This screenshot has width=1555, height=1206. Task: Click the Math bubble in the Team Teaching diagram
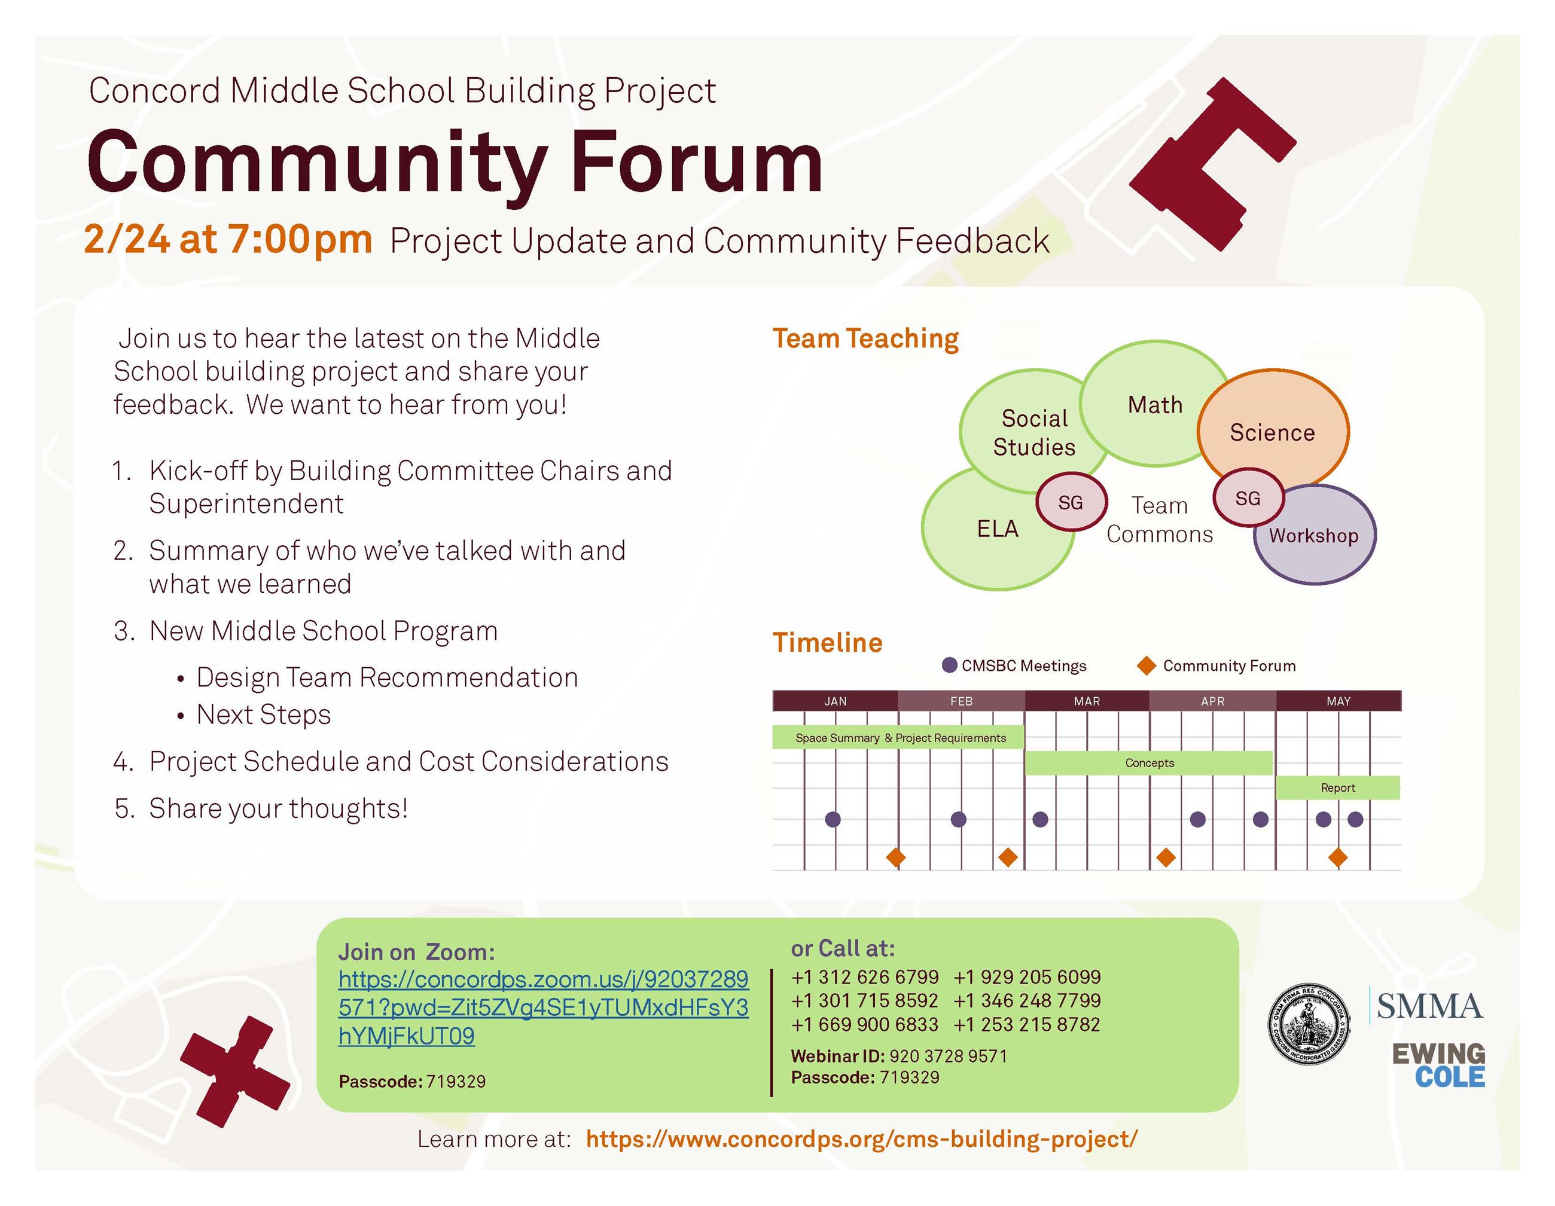(x=1154, y=404)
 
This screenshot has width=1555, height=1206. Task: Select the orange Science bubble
(x=1272, y=432)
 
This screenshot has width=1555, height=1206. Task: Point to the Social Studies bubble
(x=1034, y=432)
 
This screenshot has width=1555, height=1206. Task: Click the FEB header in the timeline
(x=961, y=701)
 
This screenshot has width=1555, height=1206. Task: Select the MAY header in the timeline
(x=1338, y=701)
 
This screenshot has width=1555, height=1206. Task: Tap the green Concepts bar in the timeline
(x=1148, y=762)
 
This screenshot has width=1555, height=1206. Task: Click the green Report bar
(x=1337, y=787)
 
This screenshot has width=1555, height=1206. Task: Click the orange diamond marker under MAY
(x=1338, y=858)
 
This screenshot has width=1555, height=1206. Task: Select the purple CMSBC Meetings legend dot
(x=949, y=665)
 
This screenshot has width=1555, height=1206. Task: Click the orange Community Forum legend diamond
(x=1147, y=665)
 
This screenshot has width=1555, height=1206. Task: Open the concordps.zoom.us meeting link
(x=542, y=1007)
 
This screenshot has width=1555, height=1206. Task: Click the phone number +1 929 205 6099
(x=1027, y=977)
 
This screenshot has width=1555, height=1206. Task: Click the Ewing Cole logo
(x=1438, y=1065)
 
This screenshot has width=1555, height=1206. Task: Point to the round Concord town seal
(x=1309, y=1025)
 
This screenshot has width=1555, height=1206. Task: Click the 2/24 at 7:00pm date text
(x=228, y=239)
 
